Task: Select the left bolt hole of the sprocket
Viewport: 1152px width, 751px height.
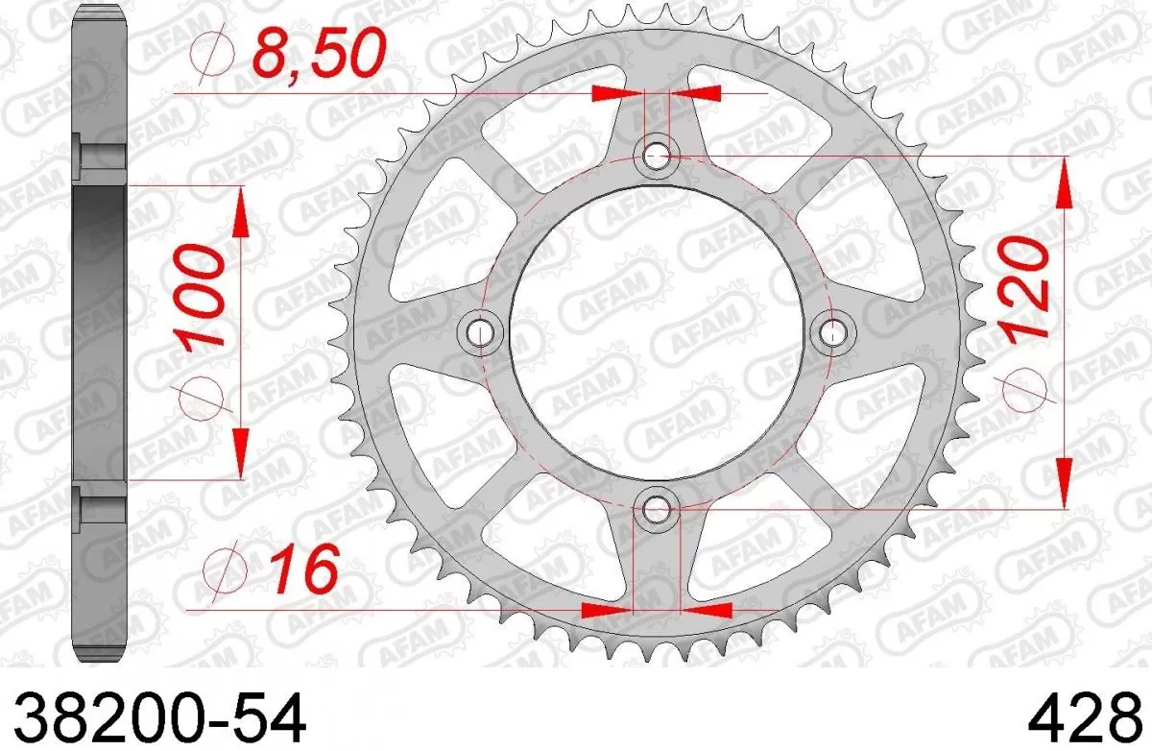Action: point(481,331)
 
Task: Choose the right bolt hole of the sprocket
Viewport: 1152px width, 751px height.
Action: point(834,331)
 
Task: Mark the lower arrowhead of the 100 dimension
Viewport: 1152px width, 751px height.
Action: point(240,451)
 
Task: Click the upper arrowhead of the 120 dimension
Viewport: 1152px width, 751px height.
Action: point(1065,182)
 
